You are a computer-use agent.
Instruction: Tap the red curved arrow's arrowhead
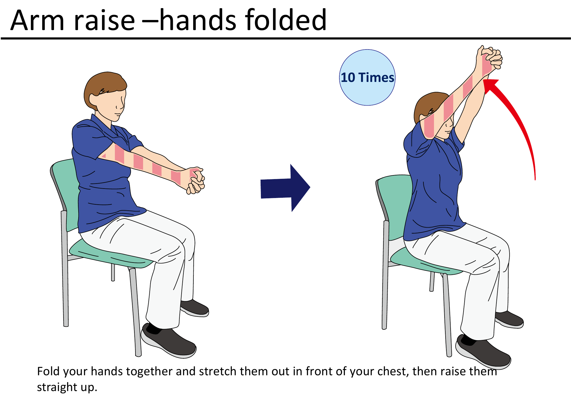pyautogui.click(x=491, y=85)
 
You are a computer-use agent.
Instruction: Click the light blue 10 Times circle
pyautogui.click(x=367, y=77)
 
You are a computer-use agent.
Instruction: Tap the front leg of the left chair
pyautogui.click(x=136, y=311)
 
